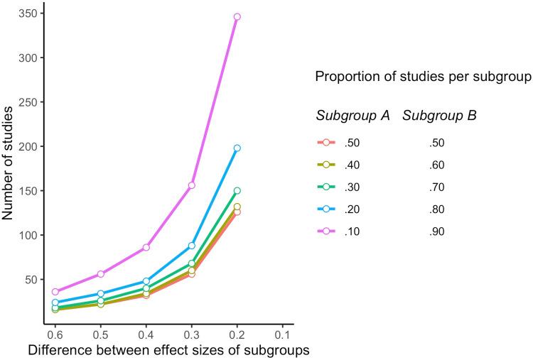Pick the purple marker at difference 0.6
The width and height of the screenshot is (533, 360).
coord(55,292)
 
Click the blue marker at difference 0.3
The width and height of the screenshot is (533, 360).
coord(192,246)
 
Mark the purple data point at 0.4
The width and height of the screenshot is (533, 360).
coord(146,247)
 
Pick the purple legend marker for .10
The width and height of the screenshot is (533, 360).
coord(326,231)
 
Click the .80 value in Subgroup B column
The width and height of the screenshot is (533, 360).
coord(436,209)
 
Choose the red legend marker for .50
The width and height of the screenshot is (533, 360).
coord(326,143)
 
